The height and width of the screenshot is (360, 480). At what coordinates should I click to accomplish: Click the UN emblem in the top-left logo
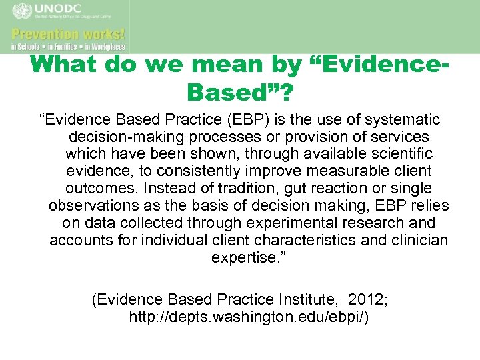click(x=21, y=12)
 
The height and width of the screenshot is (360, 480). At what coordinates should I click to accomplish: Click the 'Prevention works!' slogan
click(x=68, y=33)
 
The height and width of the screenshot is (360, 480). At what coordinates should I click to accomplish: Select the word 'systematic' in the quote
click(x=403, y=119)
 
